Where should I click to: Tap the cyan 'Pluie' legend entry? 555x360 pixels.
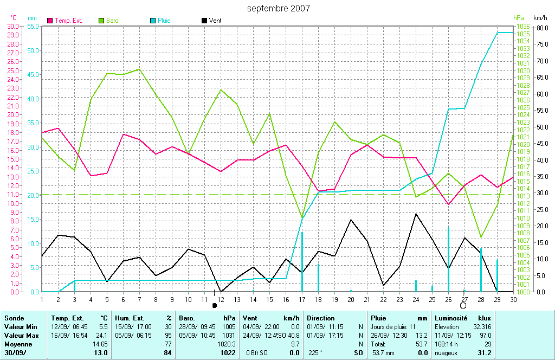(164, 21)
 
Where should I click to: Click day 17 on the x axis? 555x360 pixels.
(302, 299)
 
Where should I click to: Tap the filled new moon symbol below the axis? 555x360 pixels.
(215, 306)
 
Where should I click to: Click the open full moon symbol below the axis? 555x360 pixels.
(463, 306)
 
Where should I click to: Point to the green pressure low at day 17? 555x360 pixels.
(302, 218)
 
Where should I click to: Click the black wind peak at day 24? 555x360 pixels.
(416, 214)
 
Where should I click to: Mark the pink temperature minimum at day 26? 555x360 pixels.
(448, 204)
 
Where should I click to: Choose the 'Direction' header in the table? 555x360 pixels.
(320, 318)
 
